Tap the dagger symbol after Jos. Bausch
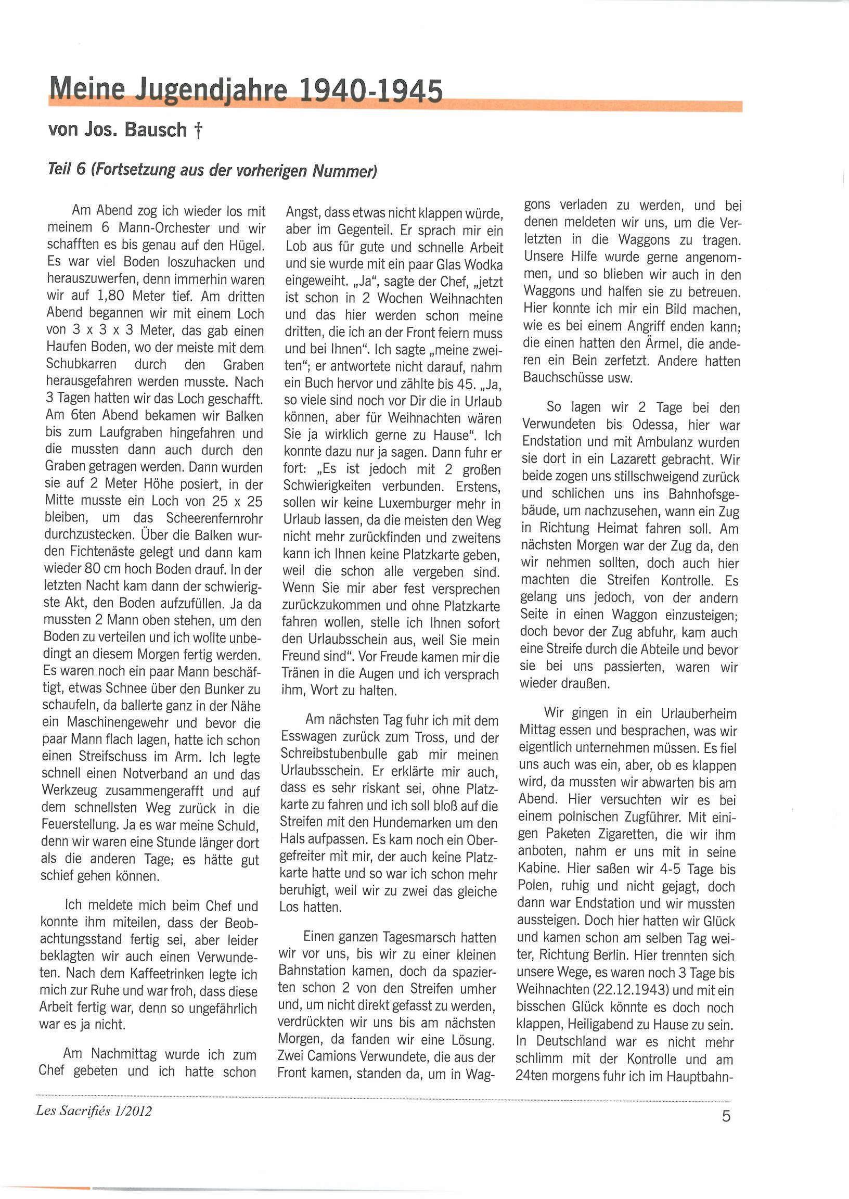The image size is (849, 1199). [198, 130]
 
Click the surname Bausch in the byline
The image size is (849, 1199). [155, 130]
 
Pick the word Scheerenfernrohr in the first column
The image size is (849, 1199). [214, 518]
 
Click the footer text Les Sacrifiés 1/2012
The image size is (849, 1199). [94, 1111]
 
